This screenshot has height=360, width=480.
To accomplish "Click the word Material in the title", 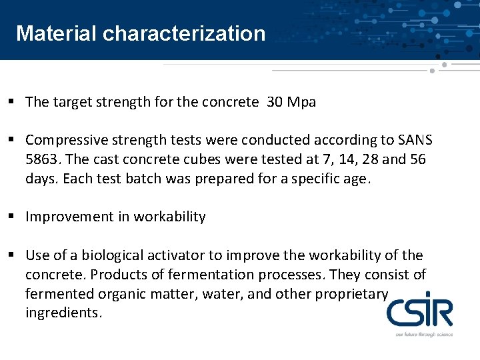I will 57,33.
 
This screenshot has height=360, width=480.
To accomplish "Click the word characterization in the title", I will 184,33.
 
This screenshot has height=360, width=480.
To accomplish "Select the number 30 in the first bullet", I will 274,102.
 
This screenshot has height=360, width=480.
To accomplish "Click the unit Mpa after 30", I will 301,103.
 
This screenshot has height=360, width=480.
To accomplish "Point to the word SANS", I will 415,140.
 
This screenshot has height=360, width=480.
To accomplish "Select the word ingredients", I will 63,313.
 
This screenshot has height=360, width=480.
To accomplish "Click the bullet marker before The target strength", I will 13,102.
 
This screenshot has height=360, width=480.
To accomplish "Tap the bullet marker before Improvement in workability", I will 13,217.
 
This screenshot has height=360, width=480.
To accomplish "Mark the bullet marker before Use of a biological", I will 13,255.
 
